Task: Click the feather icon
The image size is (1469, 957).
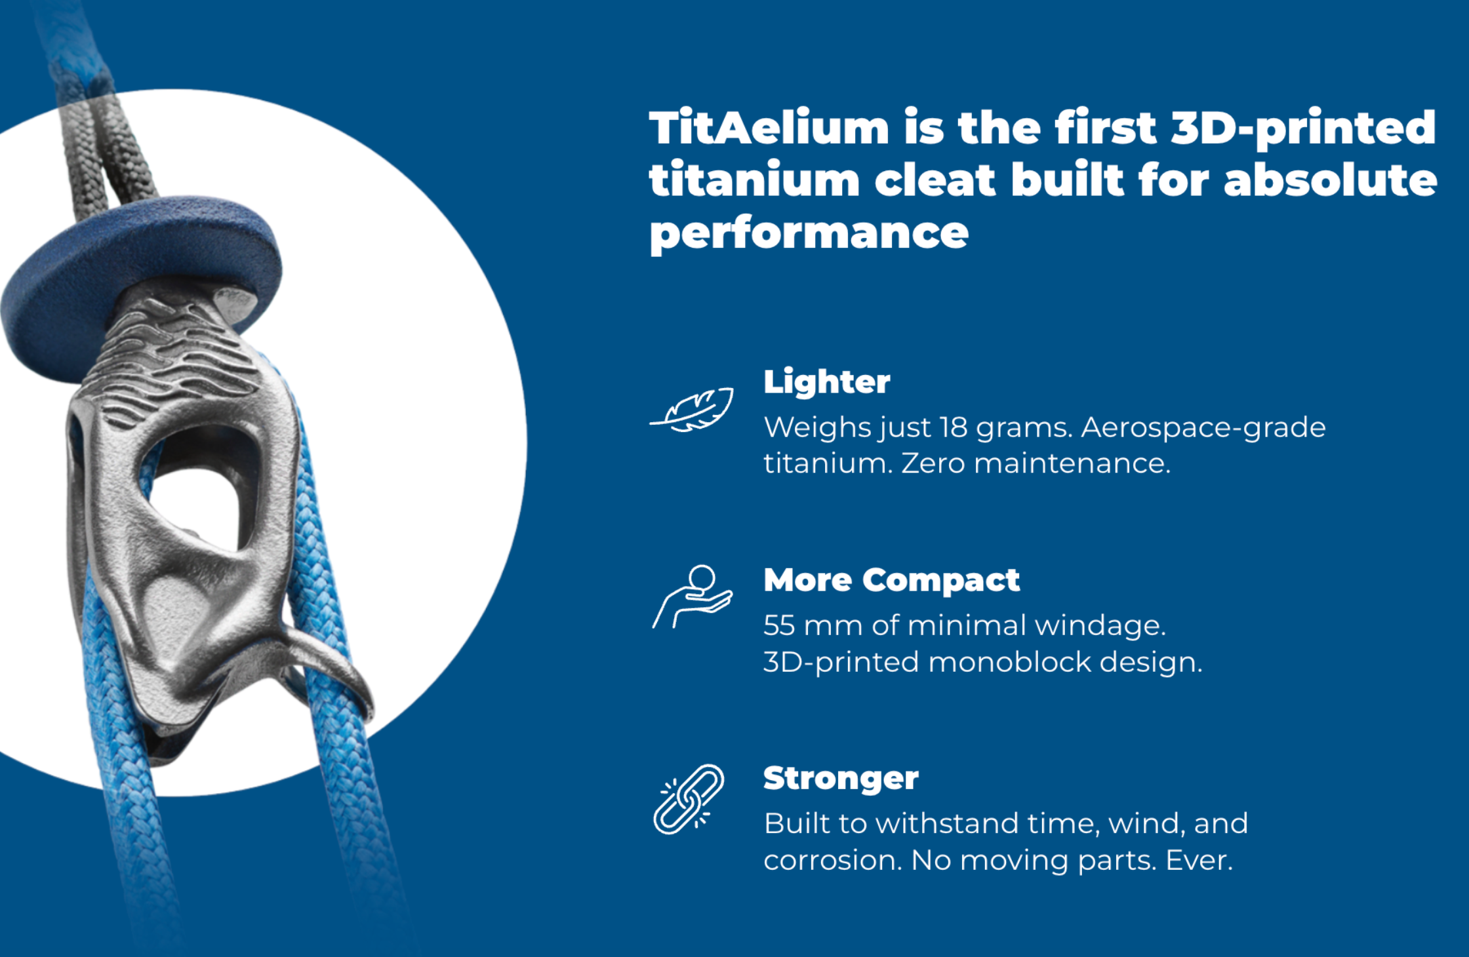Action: click(x=692, y=410)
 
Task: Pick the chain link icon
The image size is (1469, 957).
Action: click(x=689, y=799)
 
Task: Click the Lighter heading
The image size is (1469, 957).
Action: click(x=827, y=382)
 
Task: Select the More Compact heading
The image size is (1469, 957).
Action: click(x=892, y=580)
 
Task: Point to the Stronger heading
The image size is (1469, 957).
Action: click(x=841, y=779)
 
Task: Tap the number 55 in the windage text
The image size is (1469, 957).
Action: click(x=779, y=625)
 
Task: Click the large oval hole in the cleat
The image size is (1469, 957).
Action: click(x=197, y=485)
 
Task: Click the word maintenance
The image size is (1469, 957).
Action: click(x=1072, y=464)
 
